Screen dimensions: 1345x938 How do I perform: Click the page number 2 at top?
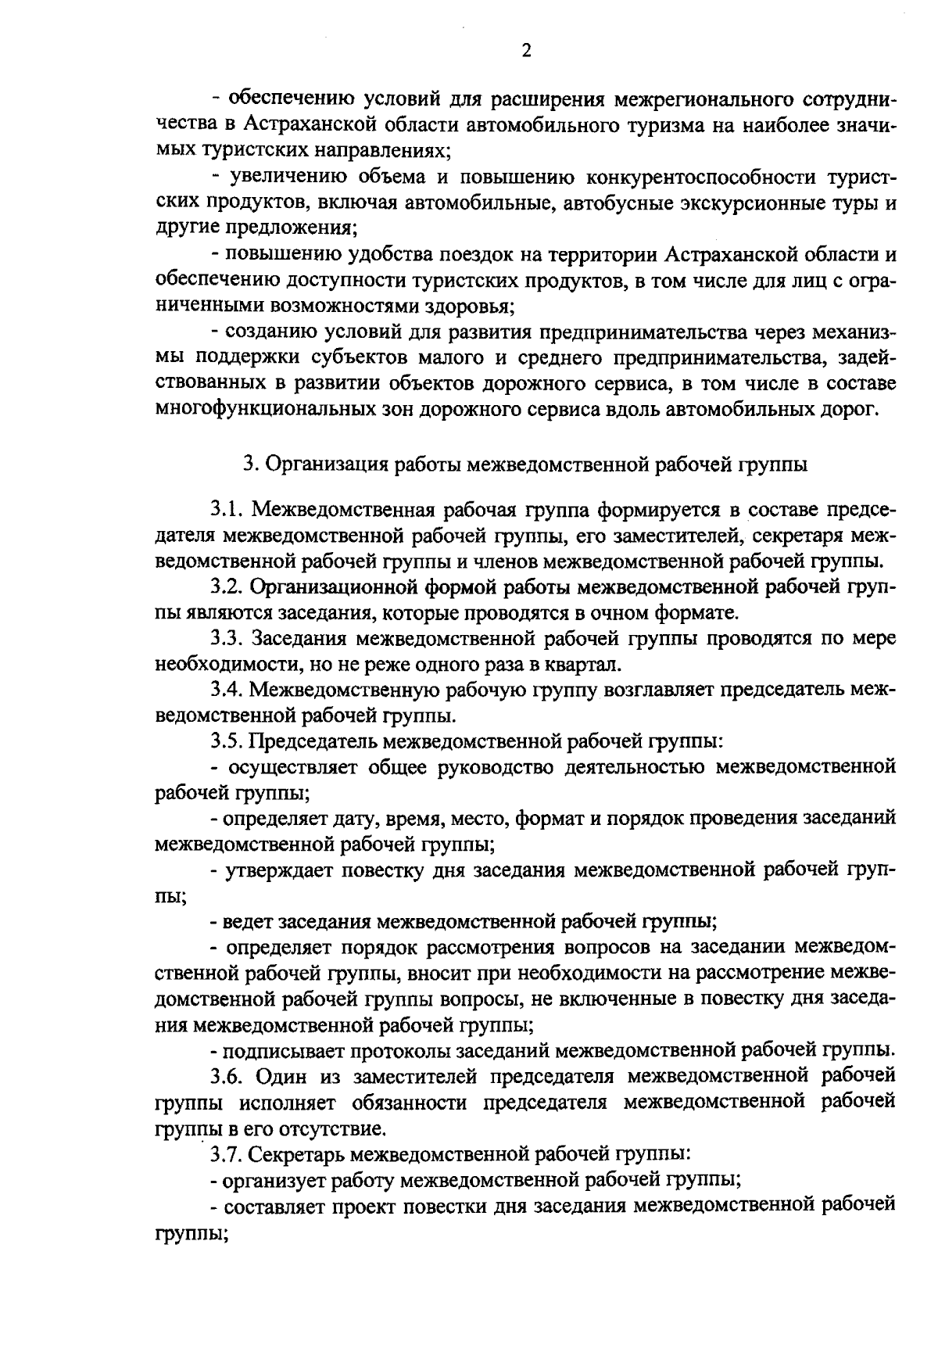525,51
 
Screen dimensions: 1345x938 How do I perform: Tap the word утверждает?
270,869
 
